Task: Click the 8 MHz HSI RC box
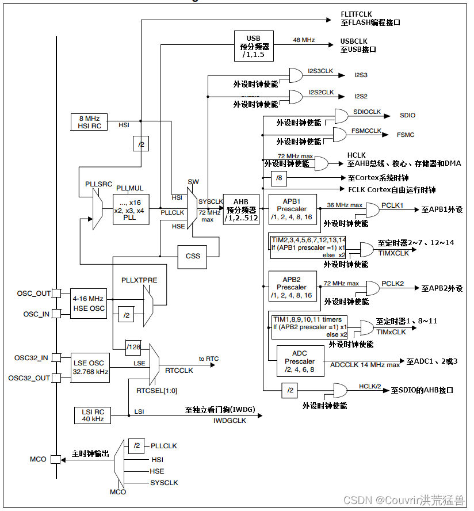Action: pyautogui.click(x=89, y=122)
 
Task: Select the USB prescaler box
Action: pyautogui.click(x=254, y=45)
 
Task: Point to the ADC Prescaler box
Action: pyautogui.click(x=300, y=361)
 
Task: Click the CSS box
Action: pyautogui.click(x=193, y=255)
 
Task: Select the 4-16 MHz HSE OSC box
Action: pyautogui.click(x=88, y=303)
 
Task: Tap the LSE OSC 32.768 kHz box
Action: pyautogui.click(x=89, y=367)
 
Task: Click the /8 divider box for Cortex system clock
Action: pyautogui.click(x=278, y=178)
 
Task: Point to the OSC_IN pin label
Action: pyautogui.click(x=36, y=314)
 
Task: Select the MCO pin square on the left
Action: pyautogui.click(x=56, y=459)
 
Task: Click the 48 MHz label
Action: pyautogui.click(x=304, y=40)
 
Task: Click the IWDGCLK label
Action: pyautogui.click(x=229, y=421)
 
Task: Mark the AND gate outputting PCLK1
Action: pyautogui.click(x=372, y=209)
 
